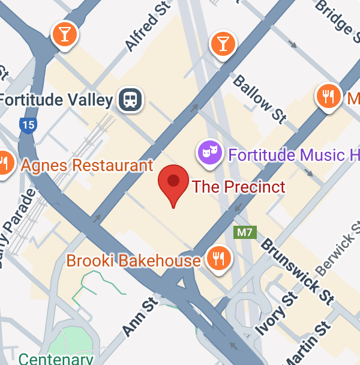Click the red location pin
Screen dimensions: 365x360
click(x=173, y=182)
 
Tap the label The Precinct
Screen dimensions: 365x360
click(x=239, y=186)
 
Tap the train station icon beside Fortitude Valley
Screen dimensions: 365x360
click(x=130, y=99)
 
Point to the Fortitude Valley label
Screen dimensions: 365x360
click(x=57, y=100)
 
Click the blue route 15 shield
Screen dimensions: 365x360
click(x=27, y=125)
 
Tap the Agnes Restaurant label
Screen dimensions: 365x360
click(x=88, y=165)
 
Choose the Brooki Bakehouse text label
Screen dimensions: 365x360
click(x=133, y=261)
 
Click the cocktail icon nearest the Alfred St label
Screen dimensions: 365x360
click(x=64, y=34)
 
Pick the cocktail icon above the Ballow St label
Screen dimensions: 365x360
click(x=223, y=43)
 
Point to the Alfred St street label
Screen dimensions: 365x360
click(x=143, y=30)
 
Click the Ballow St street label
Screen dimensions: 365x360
click(x=259, y=98)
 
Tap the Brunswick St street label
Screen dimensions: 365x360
click(x=298, y=271)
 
